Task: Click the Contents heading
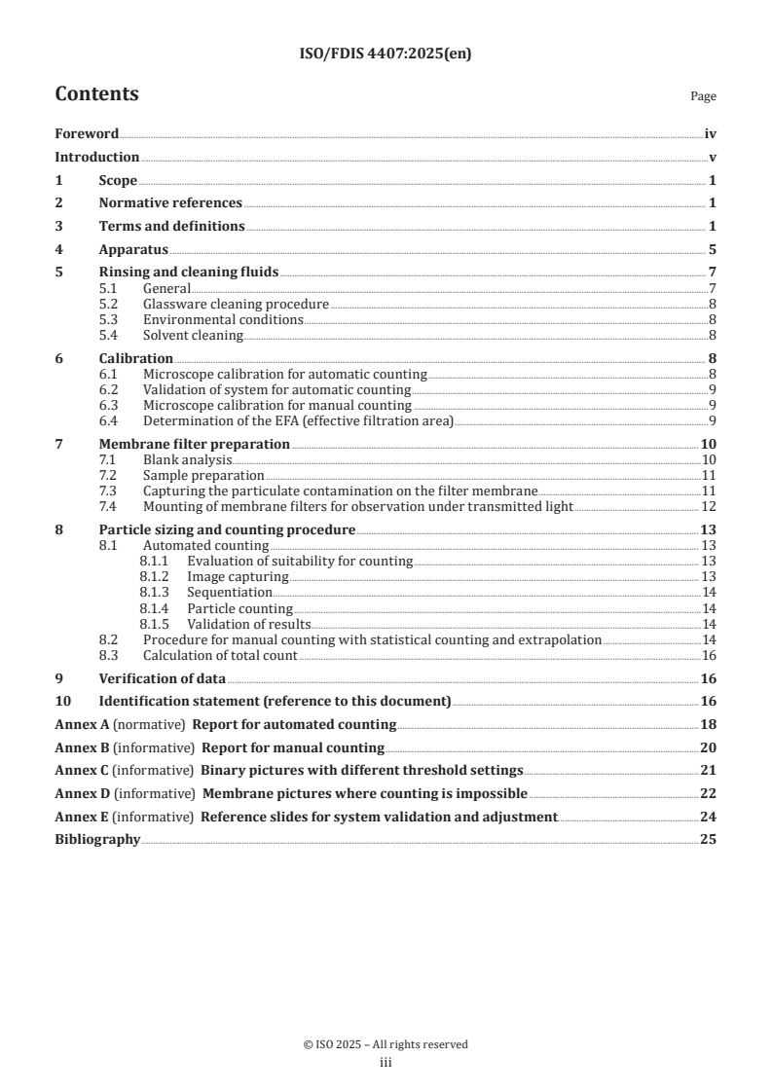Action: coord(96,94)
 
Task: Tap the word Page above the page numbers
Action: coord(703,96)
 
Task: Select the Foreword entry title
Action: coord(87,134)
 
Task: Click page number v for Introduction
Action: coord(713,158)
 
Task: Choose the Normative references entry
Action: coord(170,203)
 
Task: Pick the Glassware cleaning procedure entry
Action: coord(236,305)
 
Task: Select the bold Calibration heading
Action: coord(136,358)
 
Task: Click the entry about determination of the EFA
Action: coord(298,420)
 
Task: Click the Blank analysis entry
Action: coord(187,459)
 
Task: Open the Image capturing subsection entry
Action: coord(239,577)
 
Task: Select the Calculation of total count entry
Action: coord(220,655)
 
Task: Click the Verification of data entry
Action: coord(162,678)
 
